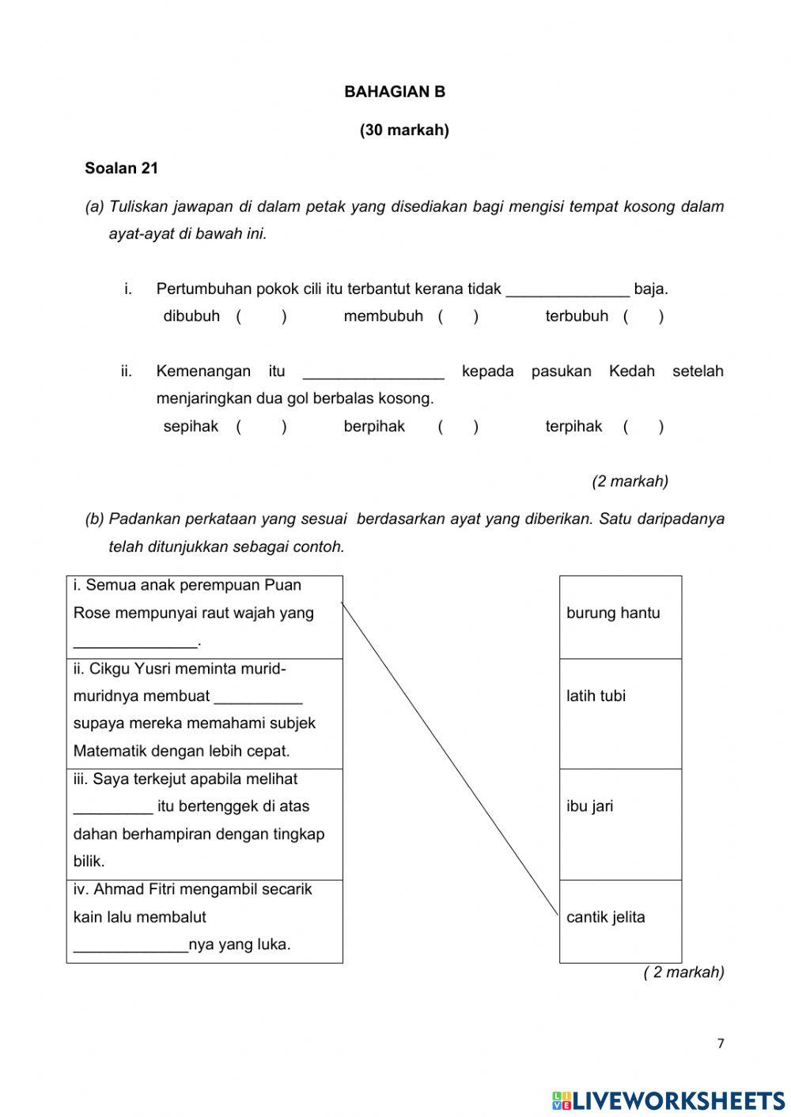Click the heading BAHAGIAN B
(x=395, y=92)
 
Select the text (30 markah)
(x=404, y=130)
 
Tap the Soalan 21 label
(x=121, y=168)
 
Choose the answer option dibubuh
(x=191, y=316)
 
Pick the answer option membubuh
(x=383, y=316)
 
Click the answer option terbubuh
(x=577, y=316)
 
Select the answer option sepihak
(x=191, y=427)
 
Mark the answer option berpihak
(x=374, y=427)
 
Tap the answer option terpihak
(x=573, y=427)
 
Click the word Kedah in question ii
(x=631, y=372)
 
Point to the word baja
(x=650, y=289)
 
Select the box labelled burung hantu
(x=620, y=617)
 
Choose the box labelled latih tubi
(x=620, y=713)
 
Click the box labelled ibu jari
(x=620, y=824)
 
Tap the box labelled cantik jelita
(x=620, y=920)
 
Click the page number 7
(x=720, y=1043)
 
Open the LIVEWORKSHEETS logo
(x=668, y=1100)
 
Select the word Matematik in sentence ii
(x=111, y=751)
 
